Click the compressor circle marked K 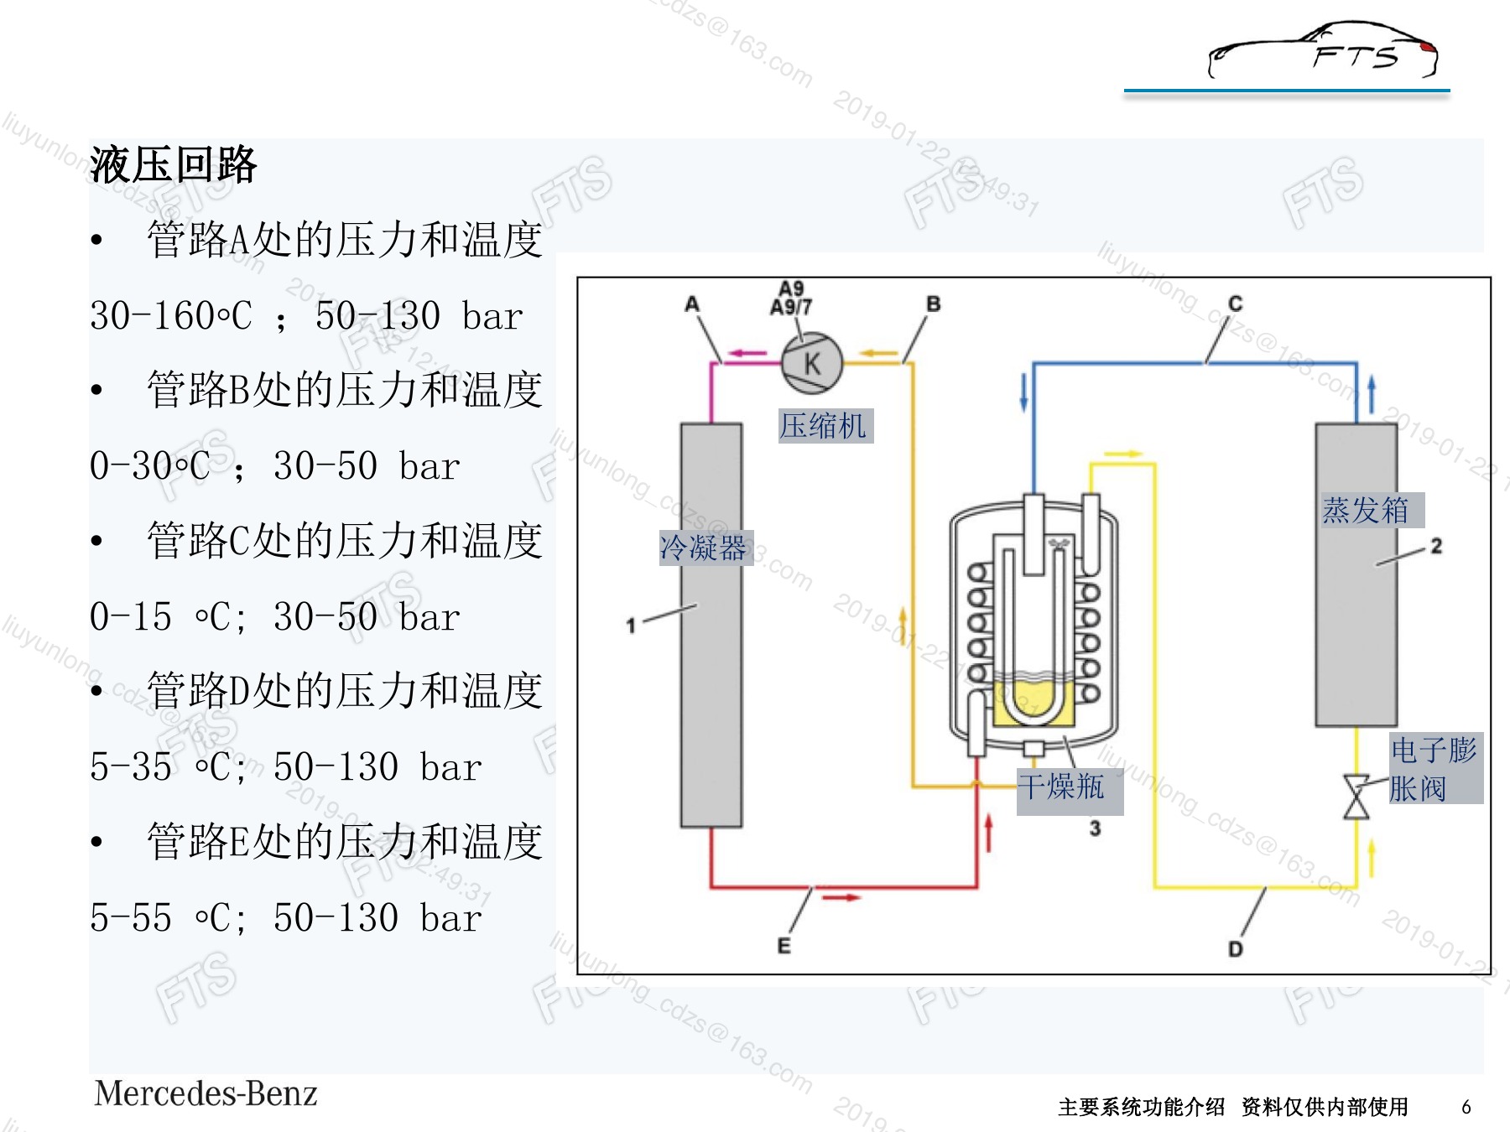811,362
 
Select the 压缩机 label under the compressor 825,426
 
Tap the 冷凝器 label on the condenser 706,548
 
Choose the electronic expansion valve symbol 1356,797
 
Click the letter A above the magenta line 692,304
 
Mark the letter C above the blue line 1235,303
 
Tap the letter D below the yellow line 1236,949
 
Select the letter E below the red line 784,946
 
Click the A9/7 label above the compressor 791,308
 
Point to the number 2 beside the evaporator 1436,546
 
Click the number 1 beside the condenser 631,626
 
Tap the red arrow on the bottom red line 841,897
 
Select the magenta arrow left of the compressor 747,353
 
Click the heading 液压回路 174,164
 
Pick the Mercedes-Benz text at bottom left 206,1093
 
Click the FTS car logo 1323,50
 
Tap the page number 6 1466,1107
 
